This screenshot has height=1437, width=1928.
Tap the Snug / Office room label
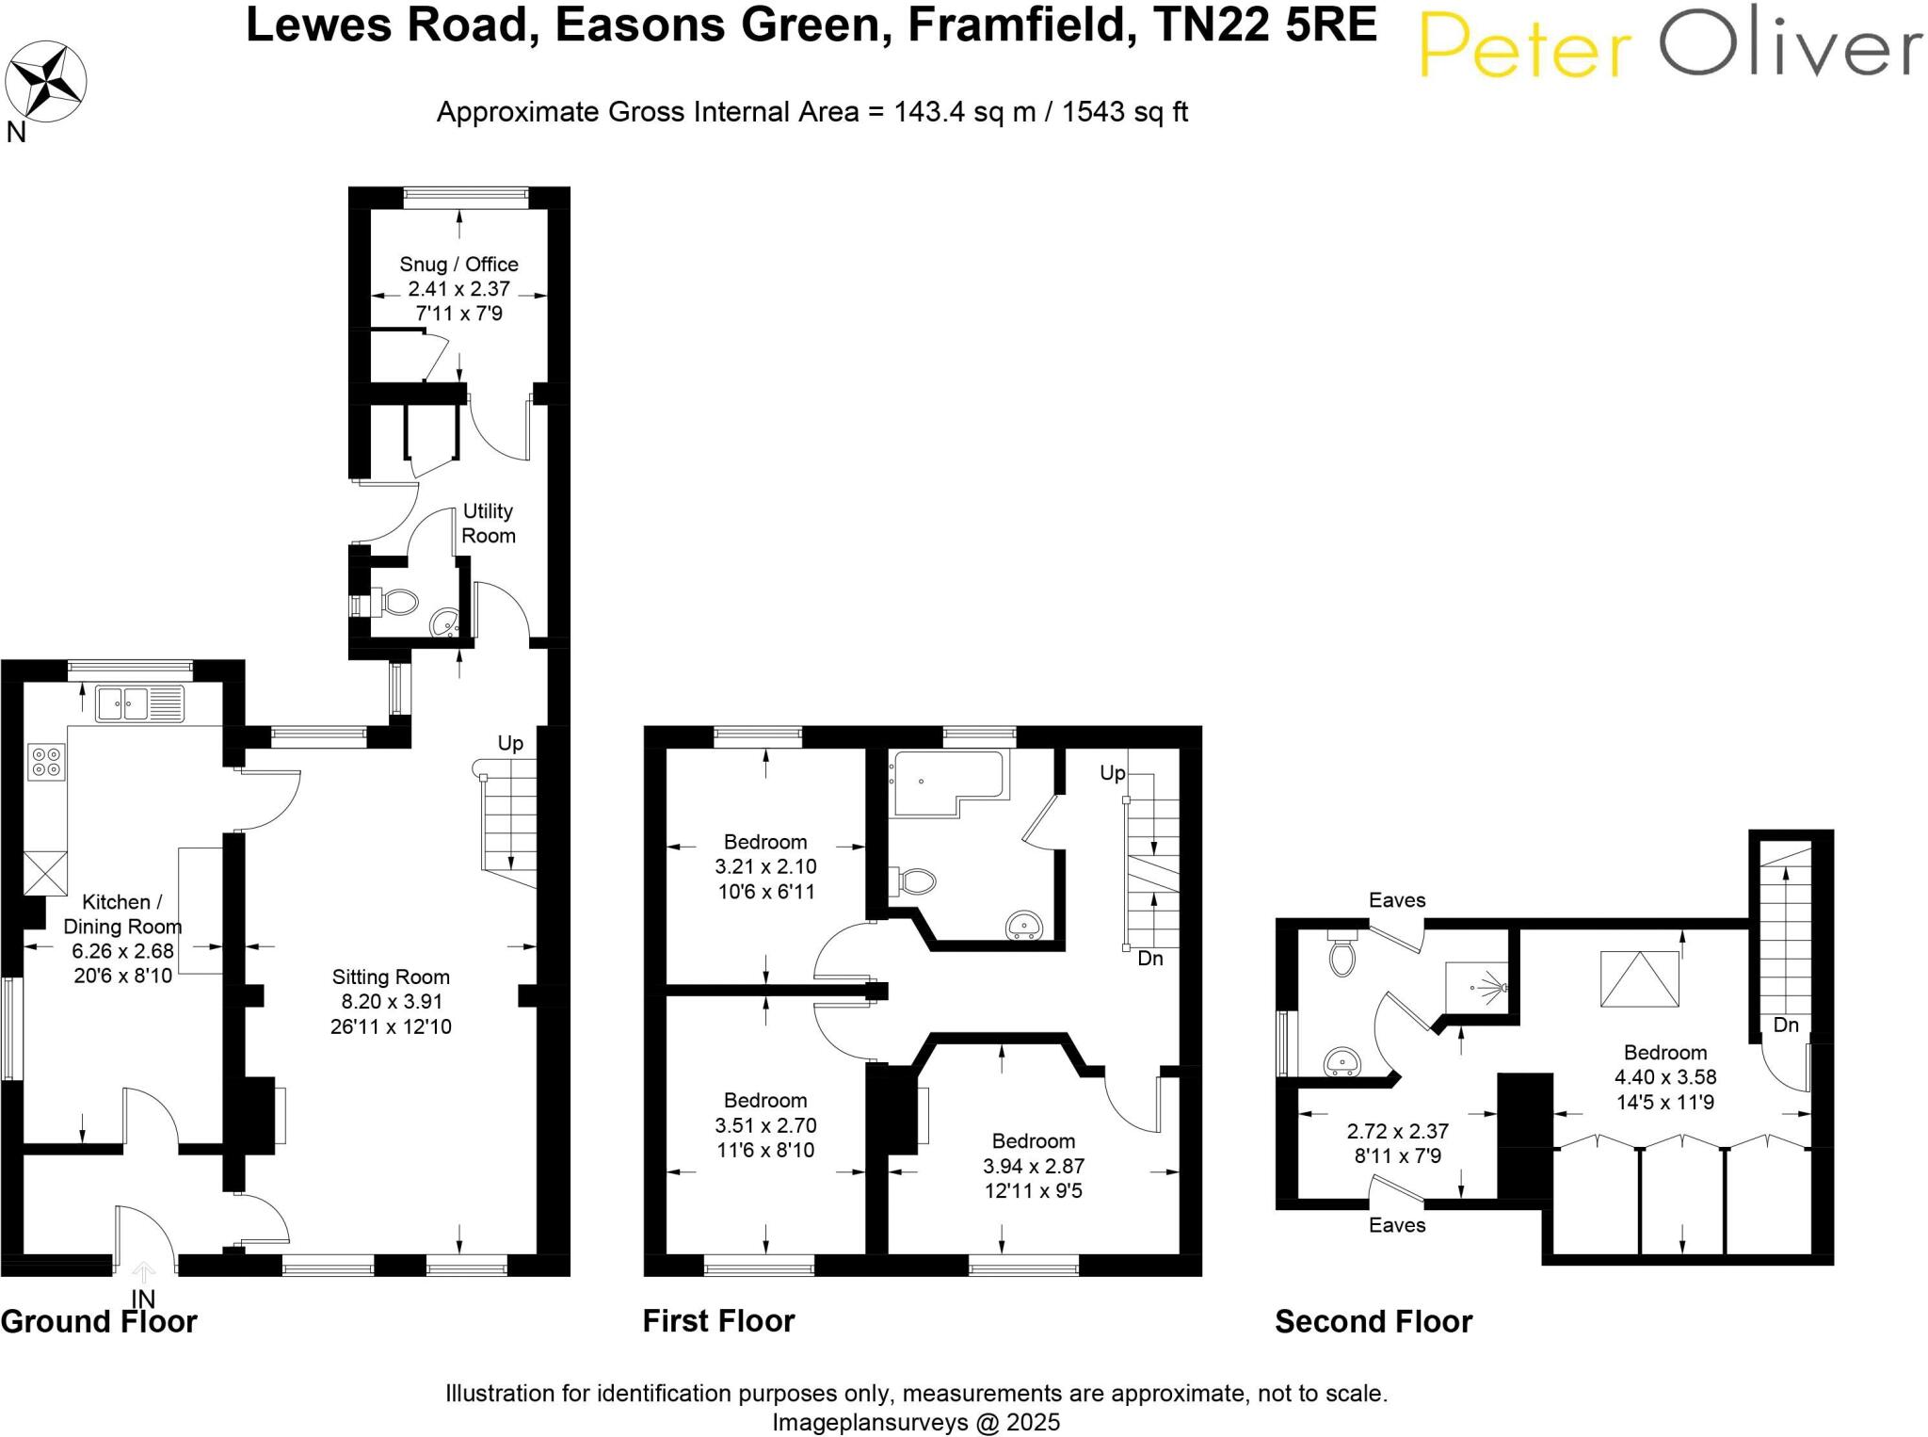pos(458,265)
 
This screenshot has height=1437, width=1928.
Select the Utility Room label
pos(488,524)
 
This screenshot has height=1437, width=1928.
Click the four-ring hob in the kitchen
pos(46,761)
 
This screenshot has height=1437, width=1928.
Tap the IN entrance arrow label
pos(143,1300)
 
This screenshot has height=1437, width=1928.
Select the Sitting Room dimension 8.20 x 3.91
pos(391,1002)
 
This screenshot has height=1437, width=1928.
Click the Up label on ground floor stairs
pos(510,744)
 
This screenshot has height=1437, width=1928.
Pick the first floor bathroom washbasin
pos(1023,927)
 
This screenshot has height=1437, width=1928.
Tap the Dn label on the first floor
pos(1149,959)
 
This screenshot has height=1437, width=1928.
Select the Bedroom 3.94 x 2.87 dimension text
pos(1033,1167)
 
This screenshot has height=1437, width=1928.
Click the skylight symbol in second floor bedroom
pos(1639,979)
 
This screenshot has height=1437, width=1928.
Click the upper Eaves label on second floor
pos(1397,900)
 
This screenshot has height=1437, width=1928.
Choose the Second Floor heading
pos(1373,1322)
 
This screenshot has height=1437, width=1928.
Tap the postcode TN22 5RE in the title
pos(1265,25)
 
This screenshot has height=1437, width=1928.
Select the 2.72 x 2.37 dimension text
pos(1397,1131)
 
